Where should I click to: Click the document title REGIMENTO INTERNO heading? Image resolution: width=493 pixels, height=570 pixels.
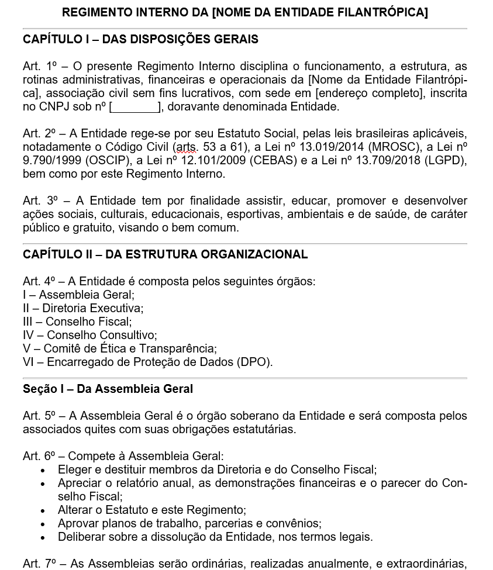tap(244, 12)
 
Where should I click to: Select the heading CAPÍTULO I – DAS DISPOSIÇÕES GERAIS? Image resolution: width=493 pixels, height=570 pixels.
tap(140, 40)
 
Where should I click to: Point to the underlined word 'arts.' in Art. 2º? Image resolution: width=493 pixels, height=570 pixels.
tap(185, 147)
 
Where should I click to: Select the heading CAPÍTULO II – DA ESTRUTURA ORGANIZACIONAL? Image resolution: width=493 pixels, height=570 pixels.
tap(165, 255)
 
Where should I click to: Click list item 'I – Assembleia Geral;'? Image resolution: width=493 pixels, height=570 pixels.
tap(78, 295)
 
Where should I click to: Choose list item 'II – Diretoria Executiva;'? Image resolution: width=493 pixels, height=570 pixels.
tap(83, 309)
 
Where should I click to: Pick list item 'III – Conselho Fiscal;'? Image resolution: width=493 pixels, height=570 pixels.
tap(77, 322)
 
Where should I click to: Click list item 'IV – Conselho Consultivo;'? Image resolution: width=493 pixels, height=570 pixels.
tap(89, 336)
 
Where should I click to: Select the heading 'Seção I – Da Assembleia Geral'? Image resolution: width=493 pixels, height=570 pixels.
tap(108, 389)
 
